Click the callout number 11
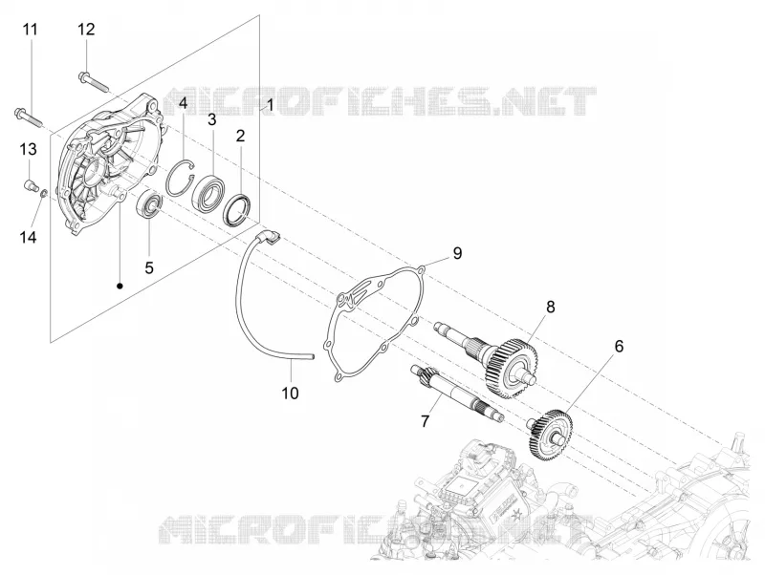tap(31, 30)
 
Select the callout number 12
tap(86, 30)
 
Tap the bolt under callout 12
tap(93, 81)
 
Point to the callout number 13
tap(29, 149)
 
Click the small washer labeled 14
tap(43, 194)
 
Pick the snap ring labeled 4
tap(180, 178)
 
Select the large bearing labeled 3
tap(208, 191)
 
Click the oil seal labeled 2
tap(237, 209)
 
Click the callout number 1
tap(271, 104)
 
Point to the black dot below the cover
tap(120, 286)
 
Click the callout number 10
tap(291, 393)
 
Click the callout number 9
tap(457, 253)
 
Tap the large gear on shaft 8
tap(512, 368)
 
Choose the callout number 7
tap(425, 421)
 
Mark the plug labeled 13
tap(32, 185)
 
